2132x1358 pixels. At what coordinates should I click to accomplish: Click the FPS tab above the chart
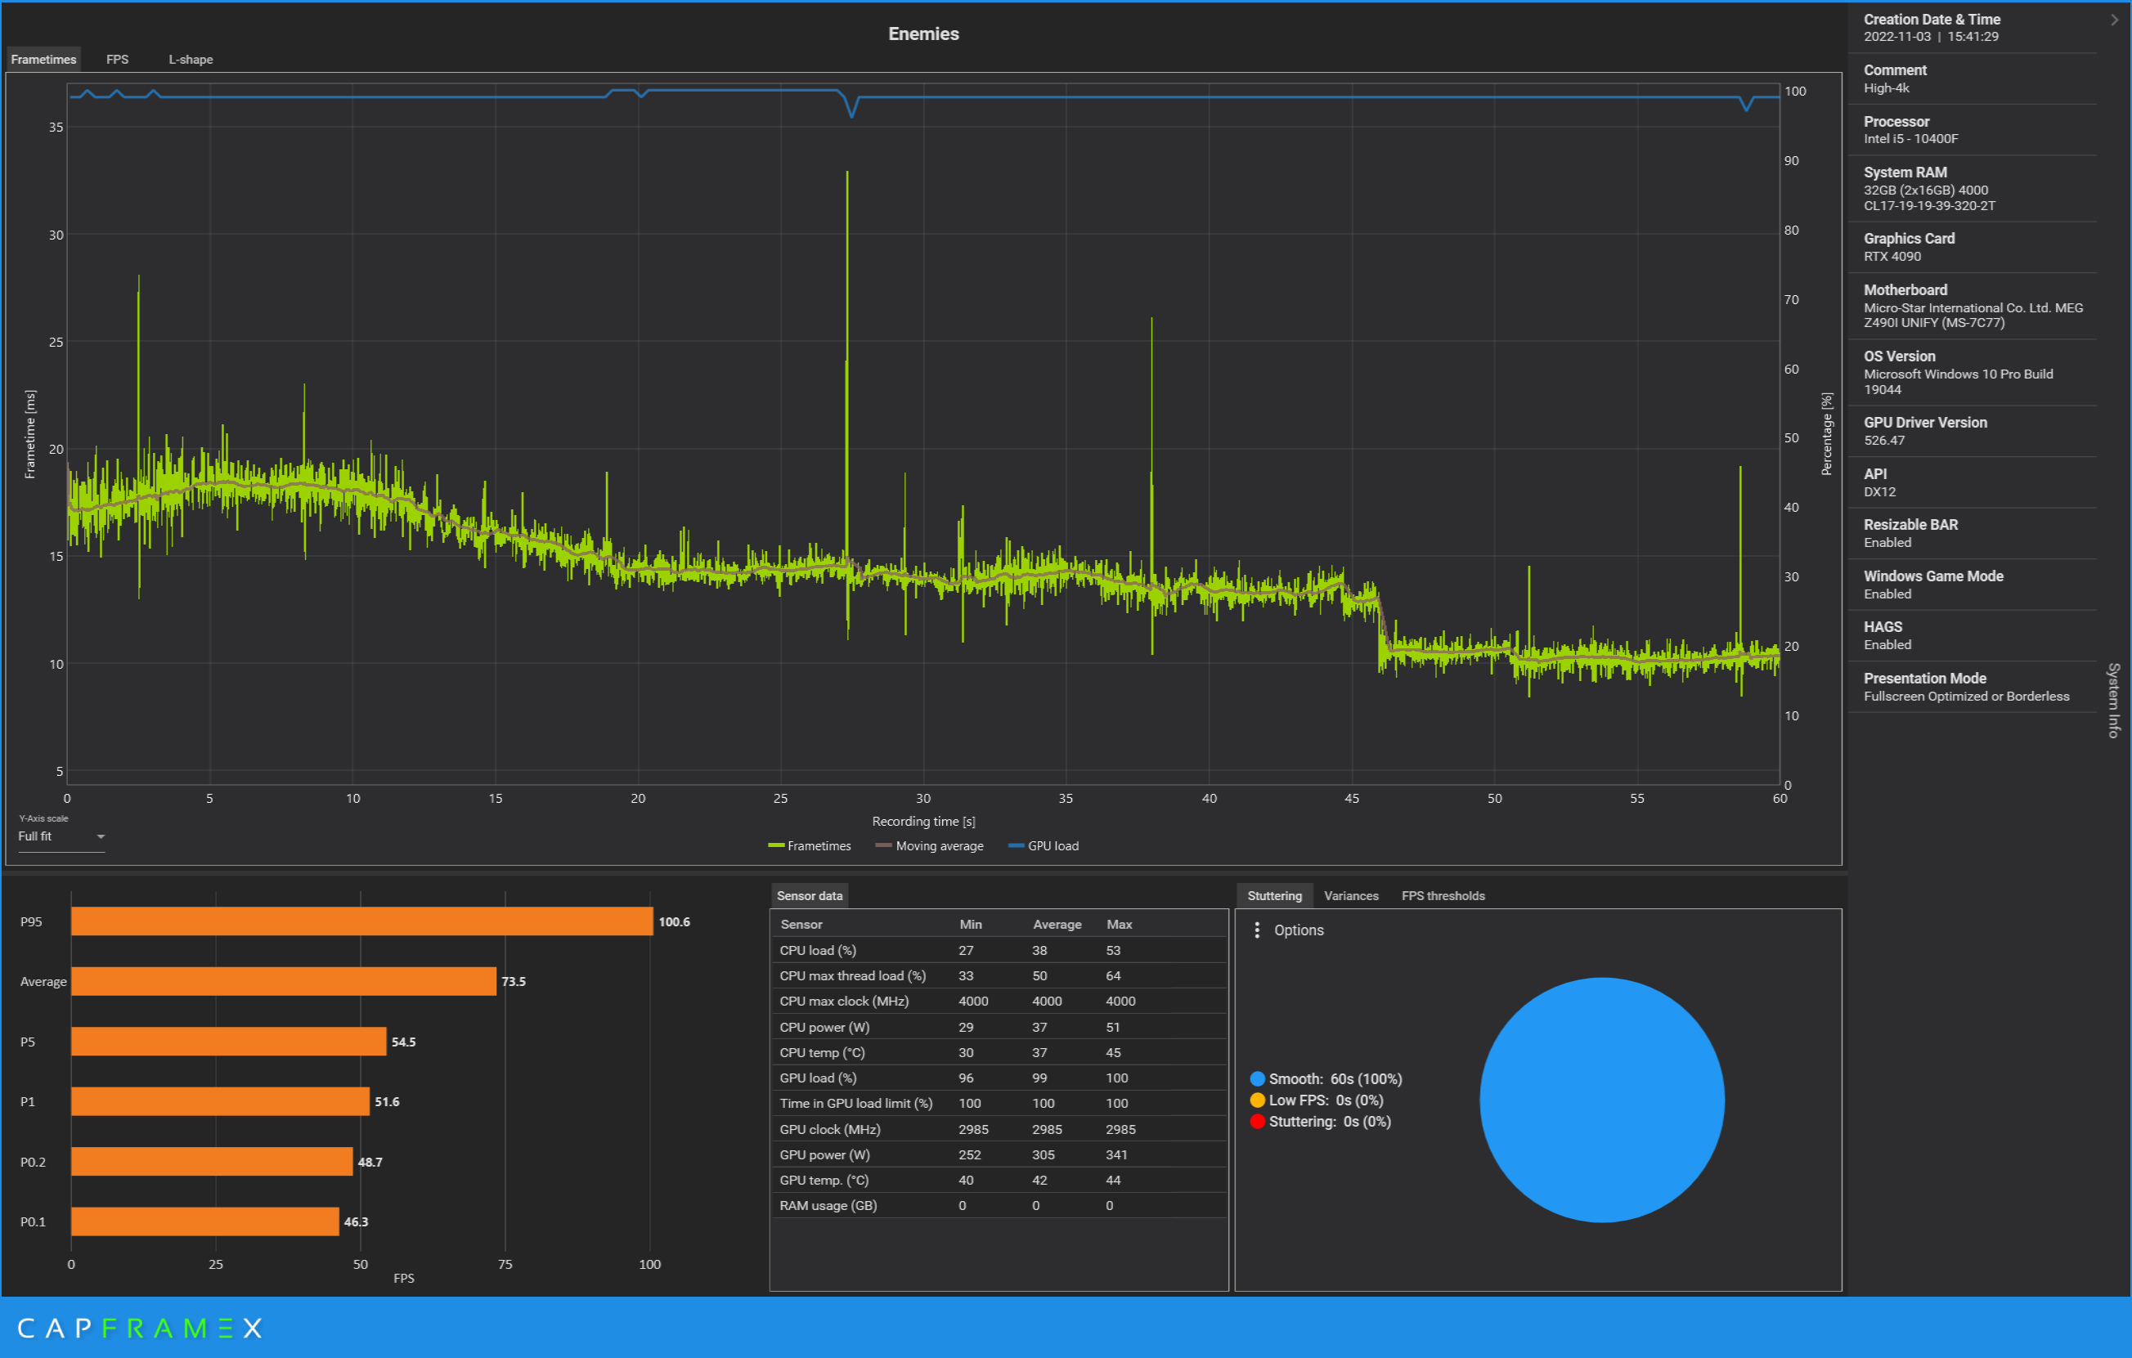[117, 60]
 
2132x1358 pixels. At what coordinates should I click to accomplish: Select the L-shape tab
[191, 60]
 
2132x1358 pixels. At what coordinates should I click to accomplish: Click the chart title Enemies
[923, 34]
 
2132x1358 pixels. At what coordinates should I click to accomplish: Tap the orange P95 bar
[362, 921]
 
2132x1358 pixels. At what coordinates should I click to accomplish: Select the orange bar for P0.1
[205, 1221]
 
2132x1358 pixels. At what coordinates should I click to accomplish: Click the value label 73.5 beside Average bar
[514, 982]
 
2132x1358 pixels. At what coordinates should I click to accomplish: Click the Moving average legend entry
[930, 846]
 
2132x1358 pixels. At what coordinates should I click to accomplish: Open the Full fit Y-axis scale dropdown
[61, 836]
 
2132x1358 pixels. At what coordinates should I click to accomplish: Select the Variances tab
[1351, 896]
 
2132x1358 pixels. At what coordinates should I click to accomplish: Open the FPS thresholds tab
[1443, 896]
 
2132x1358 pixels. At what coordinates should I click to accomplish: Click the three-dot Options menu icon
[1257, 930]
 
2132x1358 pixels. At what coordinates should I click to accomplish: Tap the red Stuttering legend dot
[1257, 1122]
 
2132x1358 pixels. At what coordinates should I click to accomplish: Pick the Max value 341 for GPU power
[1116, 1155]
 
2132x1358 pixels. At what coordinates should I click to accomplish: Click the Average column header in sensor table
[1057, 924]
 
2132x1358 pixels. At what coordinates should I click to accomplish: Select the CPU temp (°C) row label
[822, 1052]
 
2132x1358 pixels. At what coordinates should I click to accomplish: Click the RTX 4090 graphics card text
[1892, 257]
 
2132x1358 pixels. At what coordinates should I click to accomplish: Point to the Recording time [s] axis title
[923, 822]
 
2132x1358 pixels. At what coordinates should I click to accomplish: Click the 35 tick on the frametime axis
[56, 128]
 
